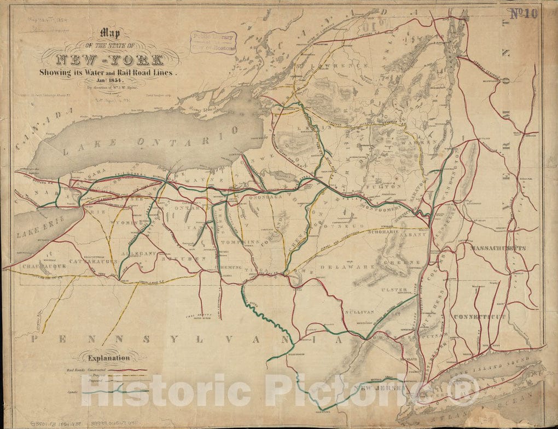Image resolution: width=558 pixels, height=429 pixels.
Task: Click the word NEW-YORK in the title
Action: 110,59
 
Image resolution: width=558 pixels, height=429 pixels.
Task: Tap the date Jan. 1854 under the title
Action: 110,80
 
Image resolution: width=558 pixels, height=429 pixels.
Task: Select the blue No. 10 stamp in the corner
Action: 523,14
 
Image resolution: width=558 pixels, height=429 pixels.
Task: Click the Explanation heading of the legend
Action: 109,358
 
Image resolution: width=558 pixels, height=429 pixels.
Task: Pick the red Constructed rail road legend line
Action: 128,370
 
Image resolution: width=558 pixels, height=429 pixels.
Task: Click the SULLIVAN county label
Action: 358,311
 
